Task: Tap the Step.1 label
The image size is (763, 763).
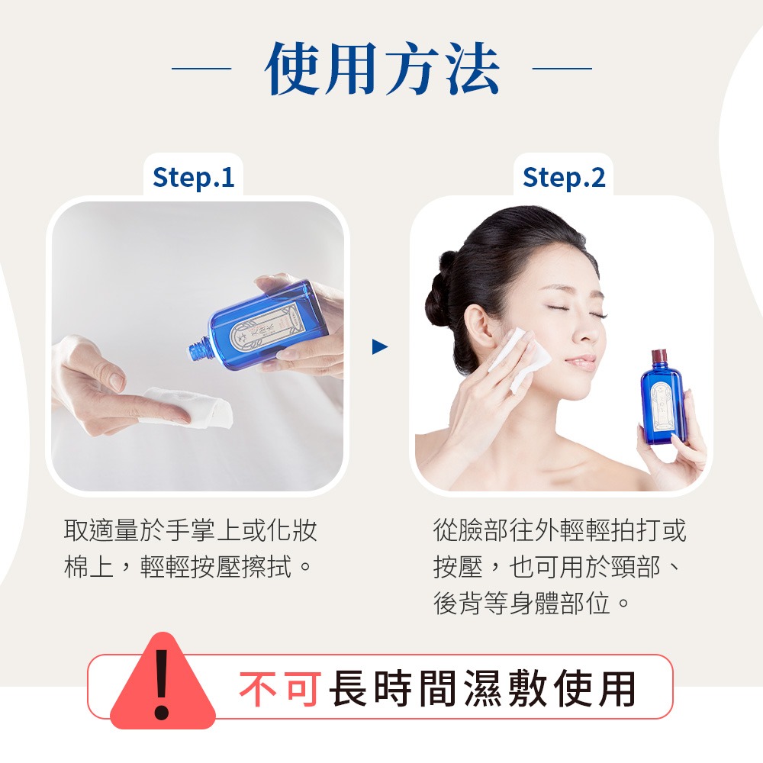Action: (193, 177)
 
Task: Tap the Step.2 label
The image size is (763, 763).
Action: (564, 177)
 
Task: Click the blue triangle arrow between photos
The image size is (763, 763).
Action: (379, 348)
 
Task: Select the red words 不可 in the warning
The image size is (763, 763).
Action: (278, 689)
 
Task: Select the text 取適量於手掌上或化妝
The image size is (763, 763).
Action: (191, 530)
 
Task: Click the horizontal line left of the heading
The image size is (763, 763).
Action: (201, 69)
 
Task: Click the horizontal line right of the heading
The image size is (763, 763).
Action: (562, 69)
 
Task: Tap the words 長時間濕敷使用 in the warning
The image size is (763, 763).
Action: (482, 689)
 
